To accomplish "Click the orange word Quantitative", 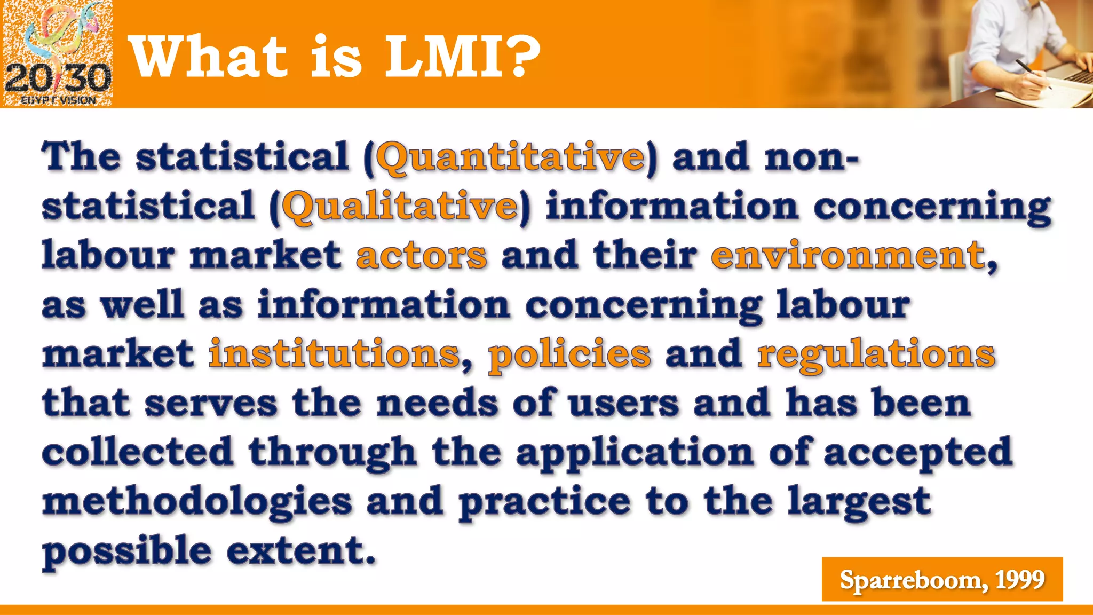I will pyautogui.click(x=511, y=157).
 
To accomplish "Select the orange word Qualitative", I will pyautogui.click(x=400, y=207).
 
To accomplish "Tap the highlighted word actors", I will pyautogui.click(x=421, y=255).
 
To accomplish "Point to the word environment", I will pyautogui.click(x=848, y=255).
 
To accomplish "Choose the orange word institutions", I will pyautogui.click(x=334, y=354).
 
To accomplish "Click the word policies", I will pyautogui.click(x=569, y=355).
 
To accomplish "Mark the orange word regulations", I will pyautogui.click(x=876, y=355).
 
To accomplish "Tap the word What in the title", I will pyautogui.click(x=209, y=57).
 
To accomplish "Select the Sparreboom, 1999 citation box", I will pyautogui.click(x=942, y=579).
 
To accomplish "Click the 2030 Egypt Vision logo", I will pyautogui.click(x=57, y=53).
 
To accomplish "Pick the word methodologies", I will pyautogui.click(x=197, y=502).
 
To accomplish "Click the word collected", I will pyautogui.click(x=138, y=452).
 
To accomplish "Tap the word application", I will pyautogui.click(x=635, y=453).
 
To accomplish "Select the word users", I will pyautogui.click(x=623, y=403).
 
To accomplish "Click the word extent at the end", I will pyautogui.click(x=300, y=551).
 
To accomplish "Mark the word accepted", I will pyautogui.click(x=917, y=453).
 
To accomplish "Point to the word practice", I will pyautogui.click(x=544, y=502).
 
